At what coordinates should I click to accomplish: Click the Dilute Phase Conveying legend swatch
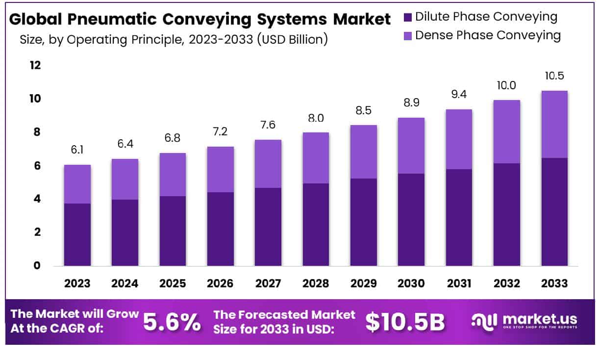[408, 18]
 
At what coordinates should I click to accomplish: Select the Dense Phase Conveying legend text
[487, 35]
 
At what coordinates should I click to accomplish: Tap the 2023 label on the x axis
[77, 283]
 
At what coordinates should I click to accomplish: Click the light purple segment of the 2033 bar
[554, 125]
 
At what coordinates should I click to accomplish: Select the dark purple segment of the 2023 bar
[77, 234]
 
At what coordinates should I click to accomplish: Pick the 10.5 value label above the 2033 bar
[554, 77]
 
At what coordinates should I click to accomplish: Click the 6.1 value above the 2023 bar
[77, 150]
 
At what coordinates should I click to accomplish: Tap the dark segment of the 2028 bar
[316, 225]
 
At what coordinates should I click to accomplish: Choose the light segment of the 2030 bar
[411, 146]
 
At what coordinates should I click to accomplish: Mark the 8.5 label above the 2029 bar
[363, 110]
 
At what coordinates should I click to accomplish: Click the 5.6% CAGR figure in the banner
[172, 322]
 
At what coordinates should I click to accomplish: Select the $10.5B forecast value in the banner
[405, 322]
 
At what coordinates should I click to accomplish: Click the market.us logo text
[540, 319]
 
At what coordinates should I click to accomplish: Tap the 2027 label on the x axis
[268, 283]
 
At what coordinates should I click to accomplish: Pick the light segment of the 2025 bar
[173, 175]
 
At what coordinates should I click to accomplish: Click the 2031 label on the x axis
[459, 283]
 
